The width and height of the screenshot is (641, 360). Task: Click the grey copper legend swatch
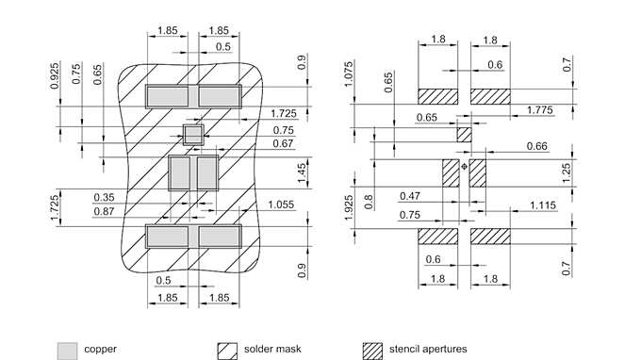(x=68, y=352)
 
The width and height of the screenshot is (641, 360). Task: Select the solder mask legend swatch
(x=227, y=352)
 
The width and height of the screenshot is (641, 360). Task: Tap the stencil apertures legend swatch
(x=373, y=352)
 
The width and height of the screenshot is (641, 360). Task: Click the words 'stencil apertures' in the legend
(x=428, y=349)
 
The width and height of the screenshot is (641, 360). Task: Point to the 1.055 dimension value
(x=281, y=205)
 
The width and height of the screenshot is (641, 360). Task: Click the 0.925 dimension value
(x=55, y=75)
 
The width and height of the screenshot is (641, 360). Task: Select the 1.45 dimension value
(x=302, y=172)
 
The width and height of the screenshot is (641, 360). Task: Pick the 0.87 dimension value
(x=104, y=211)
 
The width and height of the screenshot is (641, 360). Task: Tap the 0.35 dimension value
(x=104, y=197)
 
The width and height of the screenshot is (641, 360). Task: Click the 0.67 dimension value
(x=284, y=143)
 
